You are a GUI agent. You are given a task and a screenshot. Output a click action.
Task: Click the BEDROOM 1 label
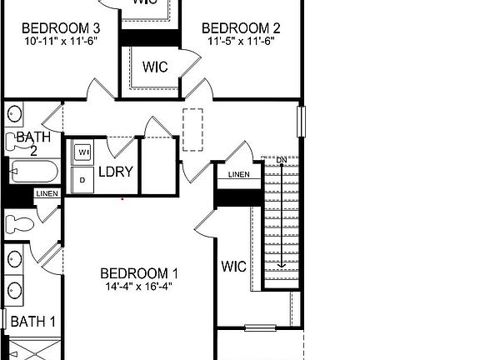(x=139, y=272)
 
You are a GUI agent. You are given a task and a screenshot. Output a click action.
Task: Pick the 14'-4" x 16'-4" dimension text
(x=139, y=286)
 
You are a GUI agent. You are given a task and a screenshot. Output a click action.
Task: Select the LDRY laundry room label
(x=116, y=172)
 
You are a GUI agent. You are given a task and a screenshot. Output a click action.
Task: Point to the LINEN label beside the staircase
(x=238, y=174)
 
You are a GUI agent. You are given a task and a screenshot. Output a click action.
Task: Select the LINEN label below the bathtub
(x=47, y=193)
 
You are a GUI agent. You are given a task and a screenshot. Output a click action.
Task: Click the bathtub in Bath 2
(x=33, y=172)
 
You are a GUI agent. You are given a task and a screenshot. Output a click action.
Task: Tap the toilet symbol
(x=18, y=222)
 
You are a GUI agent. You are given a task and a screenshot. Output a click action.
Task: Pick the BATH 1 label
(x=32, y=321)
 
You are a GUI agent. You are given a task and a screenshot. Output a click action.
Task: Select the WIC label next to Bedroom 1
(x=233, y=267)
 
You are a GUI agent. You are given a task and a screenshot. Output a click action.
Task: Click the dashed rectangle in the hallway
(x=193, y=129)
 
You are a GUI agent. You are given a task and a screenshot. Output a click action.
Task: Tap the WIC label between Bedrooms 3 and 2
(x=156, y=67)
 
